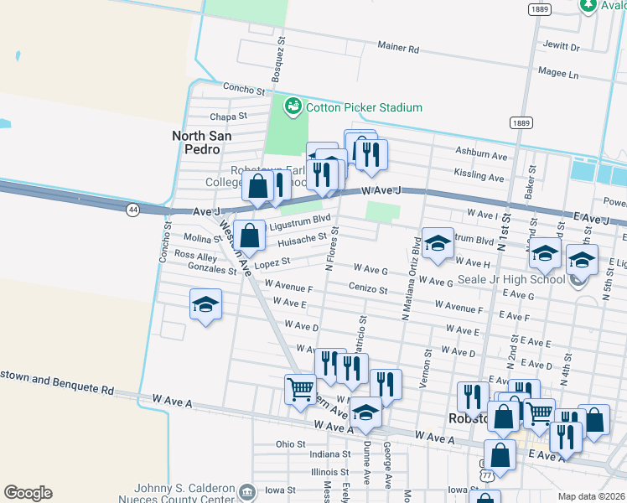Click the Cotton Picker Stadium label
[364, 107]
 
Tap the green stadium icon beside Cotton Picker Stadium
[293, 106]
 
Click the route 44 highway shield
[133, 210]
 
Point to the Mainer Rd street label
[398, 48]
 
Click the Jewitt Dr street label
[562, 48]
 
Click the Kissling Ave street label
[479, 177]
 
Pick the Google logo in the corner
[28, 493]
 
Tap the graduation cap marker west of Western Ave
[205, 305]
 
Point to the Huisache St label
[302, 239]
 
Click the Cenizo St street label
[369, 290]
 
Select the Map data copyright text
[592, 496]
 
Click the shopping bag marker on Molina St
[250, 236]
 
